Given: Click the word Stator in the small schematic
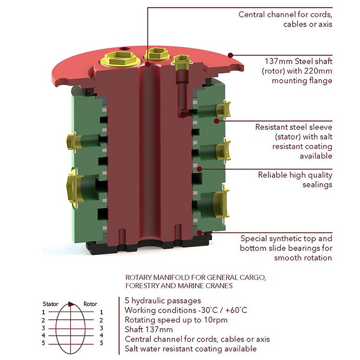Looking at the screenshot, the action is tap(50, 304).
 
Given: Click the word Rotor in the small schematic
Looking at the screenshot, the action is tap(90, 304).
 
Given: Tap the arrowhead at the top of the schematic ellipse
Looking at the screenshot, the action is tap(72, 305).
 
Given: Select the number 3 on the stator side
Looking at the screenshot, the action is tap(43, 328).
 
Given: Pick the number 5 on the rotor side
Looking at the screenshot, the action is tap(101, 343).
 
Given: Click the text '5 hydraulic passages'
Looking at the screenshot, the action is tap(163, 301).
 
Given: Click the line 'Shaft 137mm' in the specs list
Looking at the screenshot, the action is tap(148, 330).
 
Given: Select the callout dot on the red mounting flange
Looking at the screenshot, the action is tap(231, 55).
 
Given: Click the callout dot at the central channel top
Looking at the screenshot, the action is tap(148, 64).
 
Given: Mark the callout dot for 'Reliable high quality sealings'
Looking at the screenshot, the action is tap(199, 169).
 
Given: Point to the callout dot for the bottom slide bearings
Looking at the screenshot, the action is tap(199, 232).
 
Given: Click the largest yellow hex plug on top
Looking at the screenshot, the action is tap(120, 59).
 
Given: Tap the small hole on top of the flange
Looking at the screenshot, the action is tap(125, 49).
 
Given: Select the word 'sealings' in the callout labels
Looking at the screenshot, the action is tap(317, 185).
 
